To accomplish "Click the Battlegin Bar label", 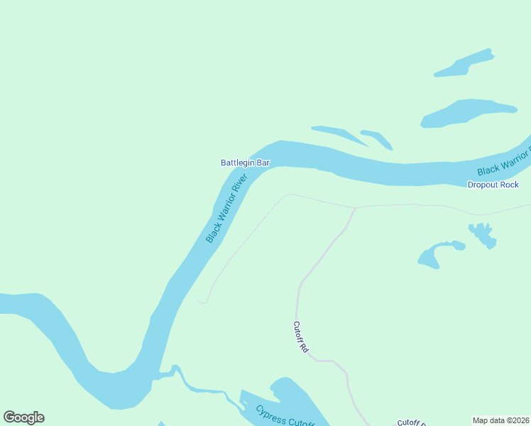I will [x=245, y=163].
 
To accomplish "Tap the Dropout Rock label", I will [x=493, y=185].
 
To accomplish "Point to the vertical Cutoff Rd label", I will [x=300, y=338].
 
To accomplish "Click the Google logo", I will [x=23, y=417].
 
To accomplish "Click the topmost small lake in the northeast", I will [x=465, y=64].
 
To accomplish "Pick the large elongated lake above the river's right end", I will [x=465, y=111].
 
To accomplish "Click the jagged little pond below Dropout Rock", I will [x=483, y=234].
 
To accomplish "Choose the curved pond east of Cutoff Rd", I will [x=435, y=253].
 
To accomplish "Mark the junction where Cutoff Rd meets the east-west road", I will [x=354, y=208].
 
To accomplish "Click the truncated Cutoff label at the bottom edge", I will [x=410, y=423].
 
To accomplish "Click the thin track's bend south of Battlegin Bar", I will [x=288, y=194].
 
